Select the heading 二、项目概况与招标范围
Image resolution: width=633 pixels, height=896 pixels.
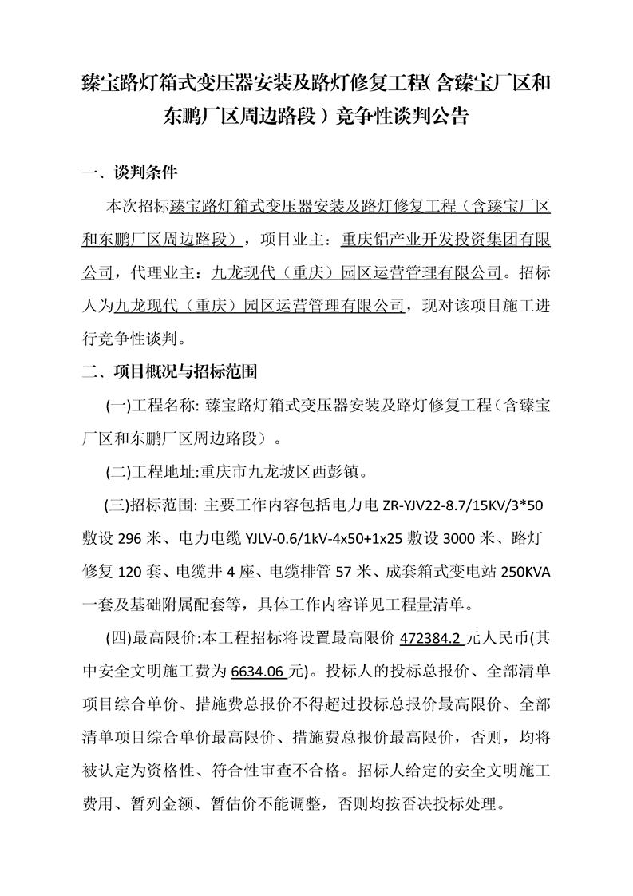coord(174,372)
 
